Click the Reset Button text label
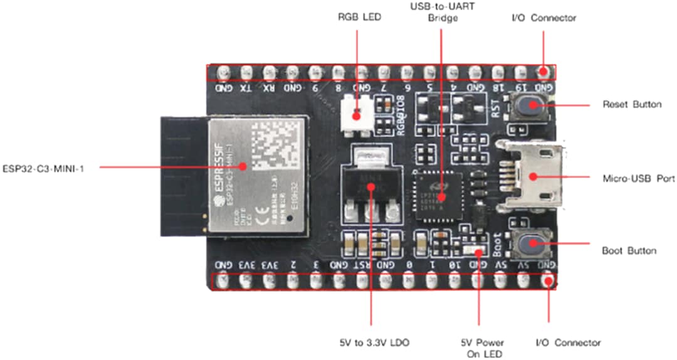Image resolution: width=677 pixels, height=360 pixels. coord(631,104)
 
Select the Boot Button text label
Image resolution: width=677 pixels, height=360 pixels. coord(629,251)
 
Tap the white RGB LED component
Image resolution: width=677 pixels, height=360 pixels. coord(356,116)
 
